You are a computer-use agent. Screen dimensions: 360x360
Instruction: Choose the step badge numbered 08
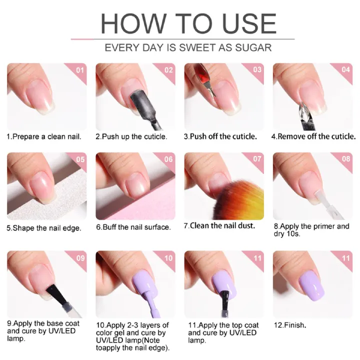pos(345,159)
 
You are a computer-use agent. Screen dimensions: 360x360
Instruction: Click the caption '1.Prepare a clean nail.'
pos(43,136)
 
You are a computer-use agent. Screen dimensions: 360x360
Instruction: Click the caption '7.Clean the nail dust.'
pos(219,226)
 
